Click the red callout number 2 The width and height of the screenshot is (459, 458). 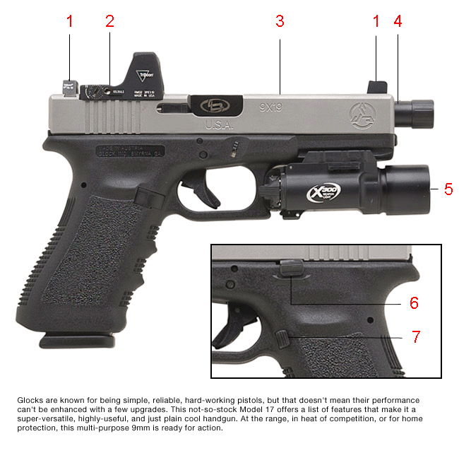[x=109, y=21]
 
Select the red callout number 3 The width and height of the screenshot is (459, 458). [x=280, y=21]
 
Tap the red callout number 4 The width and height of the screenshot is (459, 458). [x=398, y=21]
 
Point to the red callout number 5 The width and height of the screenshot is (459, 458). [x=448, y=189]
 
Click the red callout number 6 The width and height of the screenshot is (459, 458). [x=414, y=303]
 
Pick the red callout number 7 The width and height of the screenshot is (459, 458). [x=417, y=337]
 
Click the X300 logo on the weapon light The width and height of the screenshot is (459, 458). [x=323, y=192]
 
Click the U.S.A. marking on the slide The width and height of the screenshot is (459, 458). [x=220, y=124]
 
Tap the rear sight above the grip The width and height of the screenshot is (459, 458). [x=68, y=86]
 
